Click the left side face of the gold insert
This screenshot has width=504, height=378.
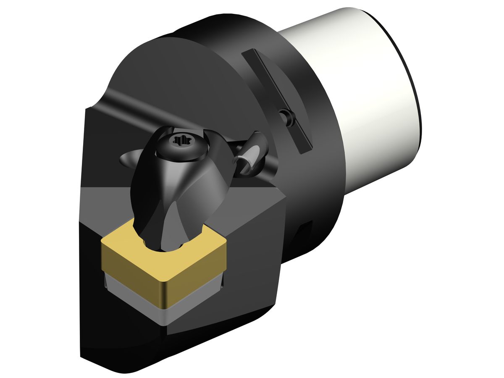(130, 269)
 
